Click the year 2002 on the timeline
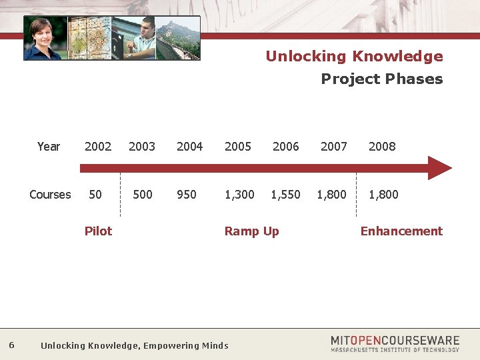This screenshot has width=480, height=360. [98, 147]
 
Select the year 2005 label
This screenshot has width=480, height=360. [238, 147]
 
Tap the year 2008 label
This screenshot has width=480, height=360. [382, 147]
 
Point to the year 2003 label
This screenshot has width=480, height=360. [142, 147]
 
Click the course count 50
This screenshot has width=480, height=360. [95, 195]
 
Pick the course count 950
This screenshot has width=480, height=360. [187, 195]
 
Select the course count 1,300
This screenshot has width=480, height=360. [239, 195]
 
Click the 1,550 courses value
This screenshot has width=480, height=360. [285, 195]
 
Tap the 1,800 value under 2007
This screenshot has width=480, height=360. [331, 195]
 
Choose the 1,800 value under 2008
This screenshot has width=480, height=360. [383, 195]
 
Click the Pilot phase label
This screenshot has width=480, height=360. [98, 231]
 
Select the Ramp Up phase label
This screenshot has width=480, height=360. [251, 231]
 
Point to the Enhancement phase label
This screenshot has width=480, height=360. [401, 231]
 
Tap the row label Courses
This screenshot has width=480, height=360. [50, 195]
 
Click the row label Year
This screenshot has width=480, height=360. [49, 147]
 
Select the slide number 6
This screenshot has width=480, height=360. [12, 345]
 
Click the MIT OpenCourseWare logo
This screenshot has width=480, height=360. [395, 343]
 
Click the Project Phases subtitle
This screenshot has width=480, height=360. [381, 79]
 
